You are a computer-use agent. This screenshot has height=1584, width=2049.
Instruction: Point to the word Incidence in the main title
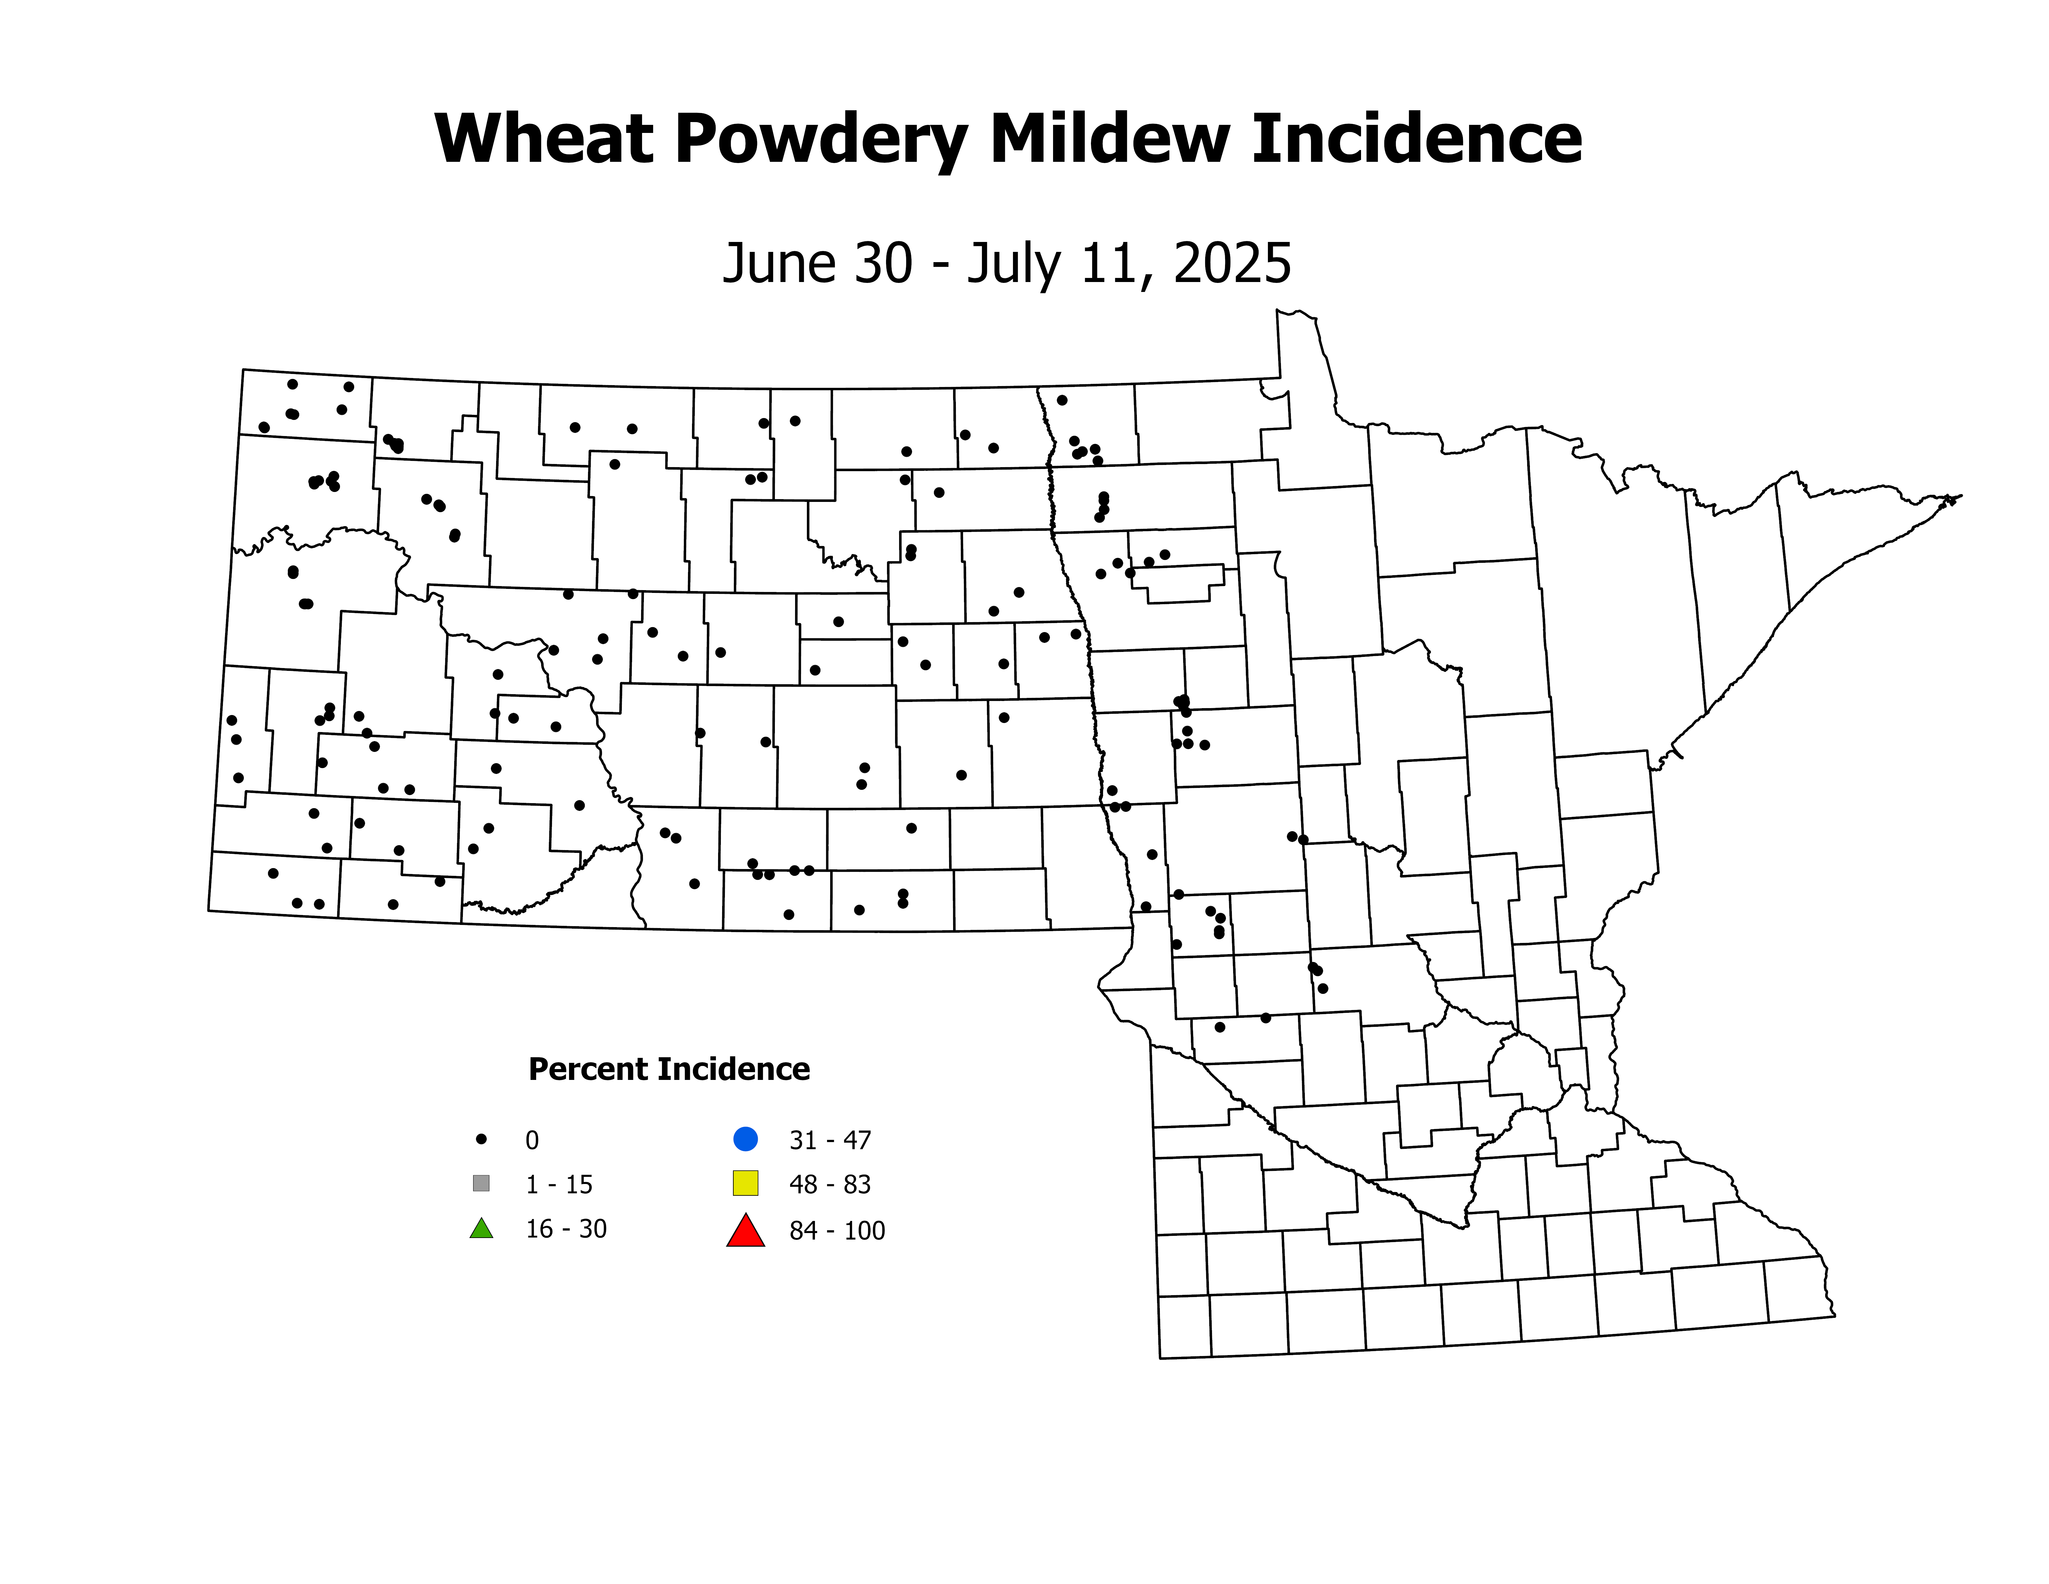pyautogui.click(x=1417, y=139)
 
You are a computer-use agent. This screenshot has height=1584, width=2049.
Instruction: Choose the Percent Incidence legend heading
pyautogui.click(x=669, y=1069)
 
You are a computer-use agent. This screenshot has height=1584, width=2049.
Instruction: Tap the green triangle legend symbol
pyautogui.click(x=481, y=1228)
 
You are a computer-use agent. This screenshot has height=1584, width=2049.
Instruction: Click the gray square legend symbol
pyautogui.click(x=481, y=1183)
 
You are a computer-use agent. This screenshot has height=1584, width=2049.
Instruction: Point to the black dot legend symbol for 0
pyautogui.click(x=481, y=1139)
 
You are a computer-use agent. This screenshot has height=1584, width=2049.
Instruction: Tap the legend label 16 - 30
pyautogui.click(x=566, y=1229)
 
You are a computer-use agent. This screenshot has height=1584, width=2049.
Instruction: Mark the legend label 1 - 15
pyautogui.click(x=559, y=1184)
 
